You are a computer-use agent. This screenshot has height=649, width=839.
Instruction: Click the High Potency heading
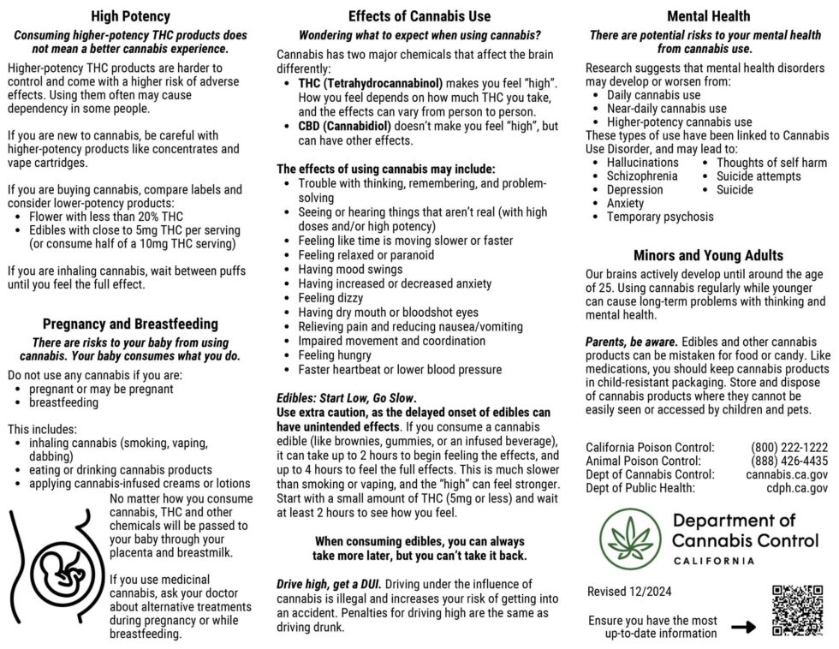(130, 16)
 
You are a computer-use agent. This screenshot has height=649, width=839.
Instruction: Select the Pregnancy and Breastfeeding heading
(130, 324)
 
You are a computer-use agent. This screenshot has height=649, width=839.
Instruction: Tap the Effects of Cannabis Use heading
(419, 16)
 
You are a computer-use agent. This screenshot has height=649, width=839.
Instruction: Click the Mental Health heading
(708, 16)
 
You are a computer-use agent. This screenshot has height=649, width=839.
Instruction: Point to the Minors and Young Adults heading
(708, 255)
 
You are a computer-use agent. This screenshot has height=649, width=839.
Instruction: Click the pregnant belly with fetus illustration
(53, 566)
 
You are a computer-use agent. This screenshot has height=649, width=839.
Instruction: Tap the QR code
(797, 610)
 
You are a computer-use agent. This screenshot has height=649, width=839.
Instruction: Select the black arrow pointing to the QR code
(744, 627)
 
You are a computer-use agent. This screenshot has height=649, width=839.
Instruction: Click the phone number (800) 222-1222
(788, 447)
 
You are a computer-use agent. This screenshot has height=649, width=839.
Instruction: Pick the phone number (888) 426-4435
(788, 461)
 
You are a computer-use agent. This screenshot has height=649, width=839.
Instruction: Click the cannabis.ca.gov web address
(786, 474)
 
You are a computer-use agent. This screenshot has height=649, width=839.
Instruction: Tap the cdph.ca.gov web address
(798, 488)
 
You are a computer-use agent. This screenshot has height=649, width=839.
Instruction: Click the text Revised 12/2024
(630, 592)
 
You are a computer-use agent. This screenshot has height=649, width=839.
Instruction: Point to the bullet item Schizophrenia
(641, 176)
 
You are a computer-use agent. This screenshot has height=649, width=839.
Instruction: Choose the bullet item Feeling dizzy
(330, 298)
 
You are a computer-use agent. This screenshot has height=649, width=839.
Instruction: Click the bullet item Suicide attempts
(759, 176)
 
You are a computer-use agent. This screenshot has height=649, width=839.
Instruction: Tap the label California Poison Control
(650, 447)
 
